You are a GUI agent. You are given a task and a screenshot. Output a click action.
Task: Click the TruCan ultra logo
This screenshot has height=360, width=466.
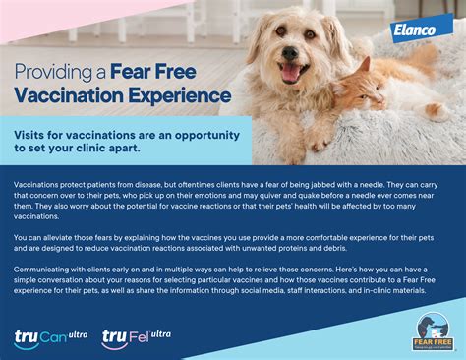point(49,338)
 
